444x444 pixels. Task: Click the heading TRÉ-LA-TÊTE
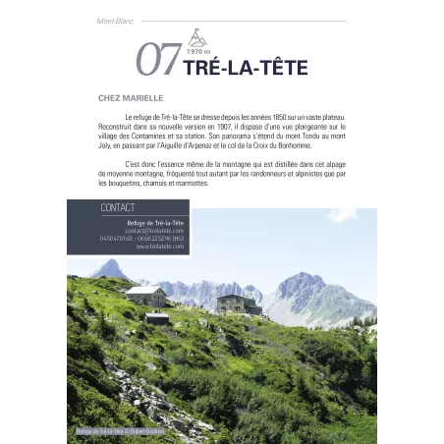click(245, 67)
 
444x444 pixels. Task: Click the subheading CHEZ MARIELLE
click(130, 98)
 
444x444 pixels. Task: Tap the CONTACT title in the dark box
click(118, 208)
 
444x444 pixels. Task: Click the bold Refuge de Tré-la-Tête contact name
click(157, 222)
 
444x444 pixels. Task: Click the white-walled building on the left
click(145, 295)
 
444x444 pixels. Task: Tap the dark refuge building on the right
click(236, 304)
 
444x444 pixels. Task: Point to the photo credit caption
click(120, 431)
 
